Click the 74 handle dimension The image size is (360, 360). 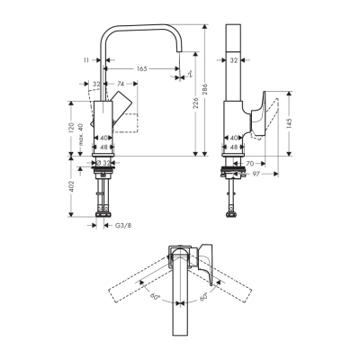coord(120,85)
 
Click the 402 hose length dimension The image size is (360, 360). coord(68,186)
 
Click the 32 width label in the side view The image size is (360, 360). coord(233,60)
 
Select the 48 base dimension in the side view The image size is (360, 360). coord(233,146)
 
